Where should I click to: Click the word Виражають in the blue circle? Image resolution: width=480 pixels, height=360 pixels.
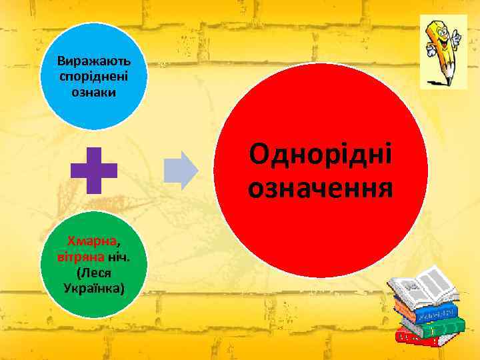(x=94, y=60)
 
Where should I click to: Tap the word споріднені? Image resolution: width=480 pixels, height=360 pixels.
(x=94, y=76)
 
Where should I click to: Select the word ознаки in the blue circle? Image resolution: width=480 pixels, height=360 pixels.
(x=94, y=91)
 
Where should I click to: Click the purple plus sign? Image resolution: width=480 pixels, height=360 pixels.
(x=94, y=170)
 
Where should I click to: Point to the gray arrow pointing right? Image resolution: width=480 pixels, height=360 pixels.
(x=181, y=171)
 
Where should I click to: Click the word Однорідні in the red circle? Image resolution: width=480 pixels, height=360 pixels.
(x=320, y=155)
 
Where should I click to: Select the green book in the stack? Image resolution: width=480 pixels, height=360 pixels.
(x=437, y=327)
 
